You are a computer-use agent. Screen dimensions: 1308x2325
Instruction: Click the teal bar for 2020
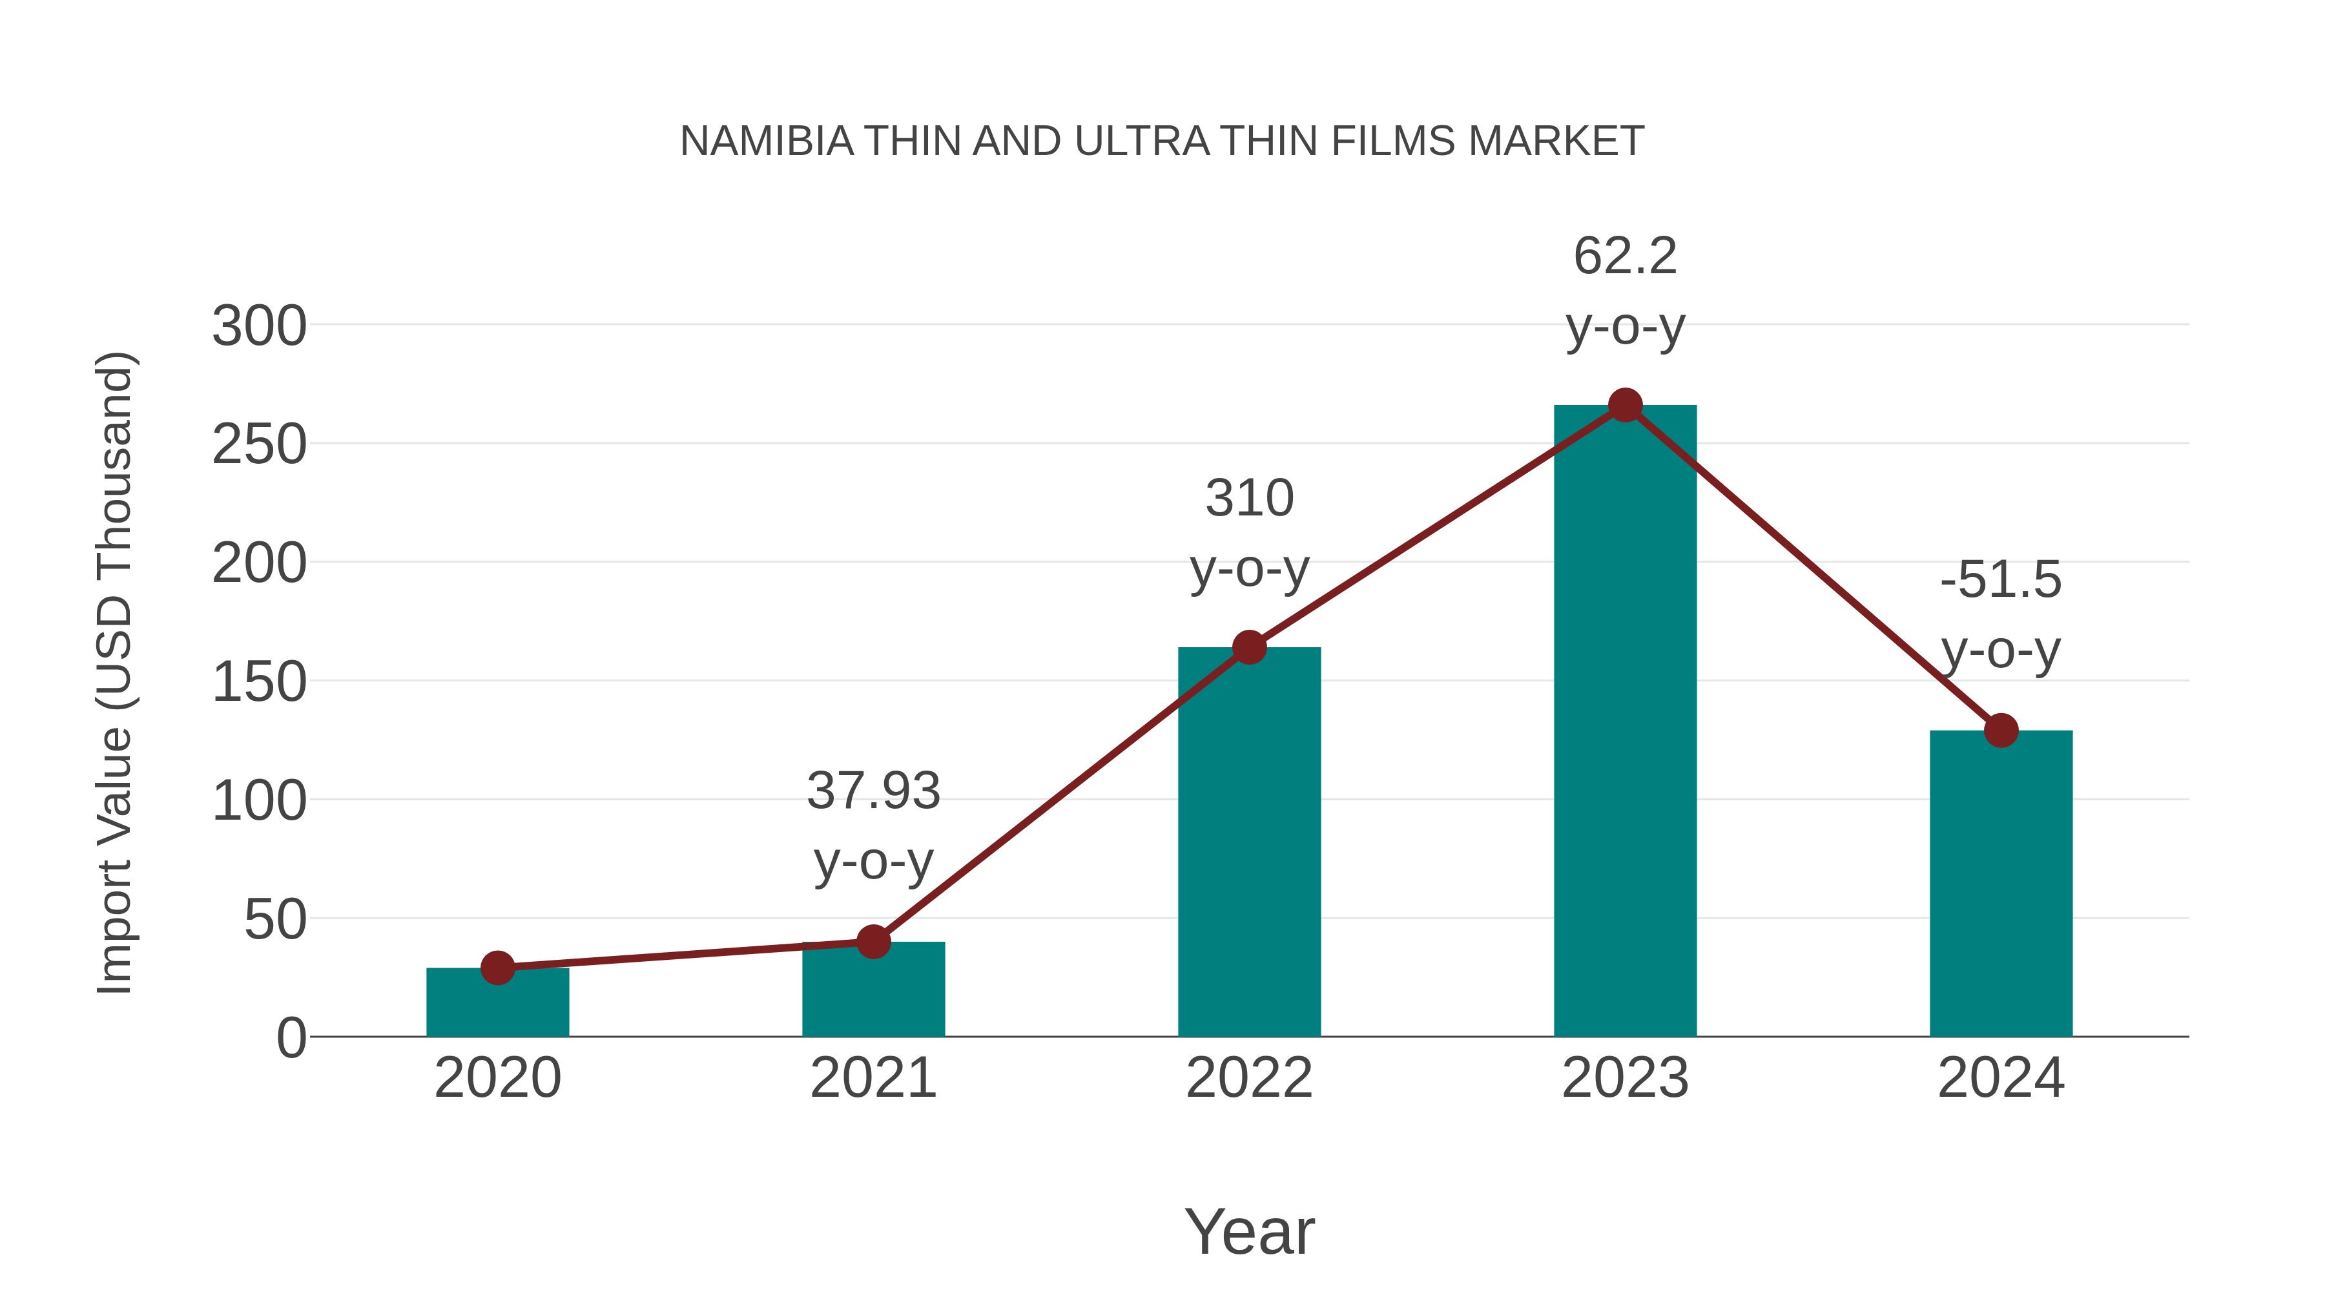(497, 1004)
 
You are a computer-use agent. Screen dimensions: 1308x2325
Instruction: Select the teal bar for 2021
(873, 991)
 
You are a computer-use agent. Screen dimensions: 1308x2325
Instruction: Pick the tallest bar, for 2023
(1625, 722)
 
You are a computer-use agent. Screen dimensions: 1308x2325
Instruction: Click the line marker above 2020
(497, 968)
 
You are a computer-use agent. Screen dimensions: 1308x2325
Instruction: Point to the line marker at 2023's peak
(1625, 405)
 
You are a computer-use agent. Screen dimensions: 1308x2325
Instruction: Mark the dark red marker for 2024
(2001, 731)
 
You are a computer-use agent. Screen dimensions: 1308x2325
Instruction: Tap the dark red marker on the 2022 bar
(1249, 647)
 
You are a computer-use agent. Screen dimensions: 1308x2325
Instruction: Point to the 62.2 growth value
(1625, 256)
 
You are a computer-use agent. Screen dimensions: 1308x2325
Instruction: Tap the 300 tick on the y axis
(259, 326)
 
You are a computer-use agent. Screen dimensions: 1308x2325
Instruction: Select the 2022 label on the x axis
(1249, 1078)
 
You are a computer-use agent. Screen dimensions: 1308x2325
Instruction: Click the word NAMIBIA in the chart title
(766, 141)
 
